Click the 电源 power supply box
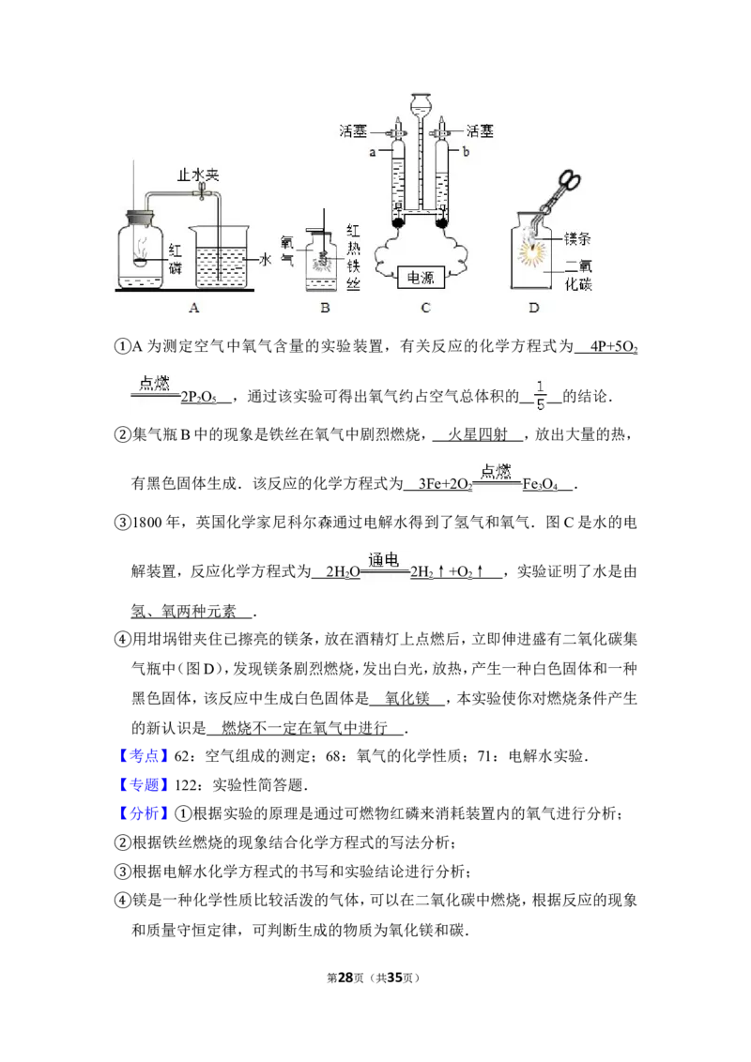click(421, 278)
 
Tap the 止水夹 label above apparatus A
click(198, 174)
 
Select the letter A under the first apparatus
click(193, 308)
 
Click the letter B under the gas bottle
click(326, 308)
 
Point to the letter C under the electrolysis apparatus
click(425, 308)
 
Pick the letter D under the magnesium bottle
click(534, 308)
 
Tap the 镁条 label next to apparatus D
click(577, 238)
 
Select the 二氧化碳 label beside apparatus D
click(578, 275)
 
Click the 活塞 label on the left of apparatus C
click(353, 130)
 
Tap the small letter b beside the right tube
click(466, 152)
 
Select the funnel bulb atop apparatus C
click(421, 103)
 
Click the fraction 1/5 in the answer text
click(540, 396)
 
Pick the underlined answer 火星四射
click(477, 434)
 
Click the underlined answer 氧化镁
click(406, 698)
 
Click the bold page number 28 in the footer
click(345, 978)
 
